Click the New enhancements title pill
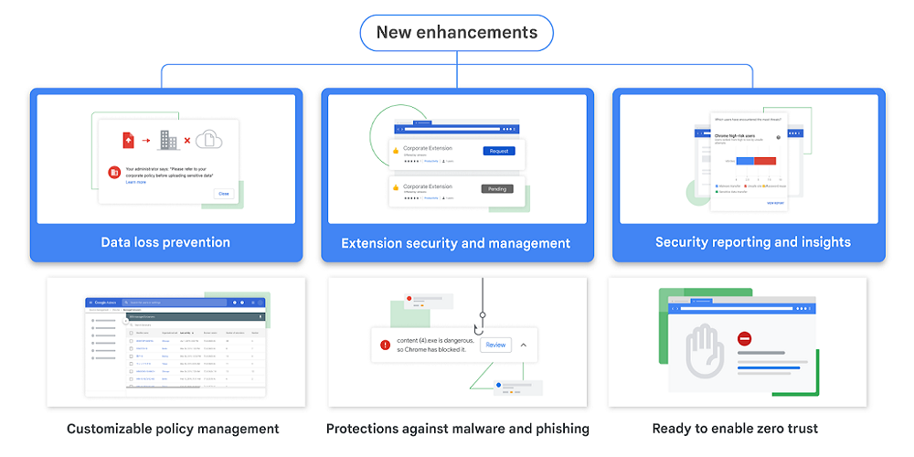click(x=457, y=33)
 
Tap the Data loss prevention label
click(x=165, y=242)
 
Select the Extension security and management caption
click(x=455, y=243)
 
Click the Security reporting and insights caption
click(x=752, y=242)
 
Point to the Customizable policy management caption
click(x=173, y=429)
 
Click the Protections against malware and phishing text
click(x=457, y=429)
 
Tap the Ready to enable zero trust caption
click(x=735, y=429)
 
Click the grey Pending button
click(x=497, y=189)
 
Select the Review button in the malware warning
click(x=495, y=345)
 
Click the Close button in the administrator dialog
click(x=223, y=194)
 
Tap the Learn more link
click(x=136, y=183)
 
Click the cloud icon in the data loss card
click(x=209, y=140)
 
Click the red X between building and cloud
click(x=187, y=141)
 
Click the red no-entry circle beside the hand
click(x=744, y=338)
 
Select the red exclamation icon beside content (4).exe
click(x=385, y=345)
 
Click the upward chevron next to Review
click(x=523, y=345)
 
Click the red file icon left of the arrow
click(x=128, y=140)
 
